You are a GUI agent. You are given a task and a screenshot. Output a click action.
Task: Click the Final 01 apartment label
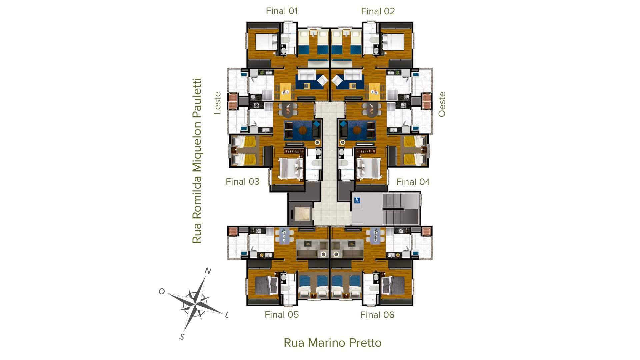282,11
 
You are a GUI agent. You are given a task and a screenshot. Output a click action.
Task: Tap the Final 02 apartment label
378,11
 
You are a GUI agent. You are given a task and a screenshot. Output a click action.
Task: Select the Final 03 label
242,182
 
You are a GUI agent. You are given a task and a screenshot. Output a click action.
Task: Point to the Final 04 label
413,182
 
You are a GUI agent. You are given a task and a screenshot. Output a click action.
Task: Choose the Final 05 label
282,315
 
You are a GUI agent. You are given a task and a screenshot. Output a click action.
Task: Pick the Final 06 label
377,315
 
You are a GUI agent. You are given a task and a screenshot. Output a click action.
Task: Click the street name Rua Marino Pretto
332,343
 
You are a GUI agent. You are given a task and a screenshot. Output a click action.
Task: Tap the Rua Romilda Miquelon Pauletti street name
197,161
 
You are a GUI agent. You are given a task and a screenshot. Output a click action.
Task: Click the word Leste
217,103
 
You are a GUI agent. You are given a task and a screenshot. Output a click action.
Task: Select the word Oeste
442,104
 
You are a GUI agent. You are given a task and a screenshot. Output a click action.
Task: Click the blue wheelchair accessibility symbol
357,200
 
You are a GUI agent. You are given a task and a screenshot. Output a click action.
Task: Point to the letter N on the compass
208,271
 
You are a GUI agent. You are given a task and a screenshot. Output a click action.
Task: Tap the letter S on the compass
182,337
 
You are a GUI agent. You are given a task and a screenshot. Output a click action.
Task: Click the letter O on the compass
162,292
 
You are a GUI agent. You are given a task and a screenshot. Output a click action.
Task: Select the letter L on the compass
227,315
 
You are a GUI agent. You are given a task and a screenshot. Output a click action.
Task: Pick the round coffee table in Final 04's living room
357,130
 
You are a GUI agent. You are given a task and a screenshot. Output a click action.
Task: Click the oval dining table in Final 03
288,110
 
